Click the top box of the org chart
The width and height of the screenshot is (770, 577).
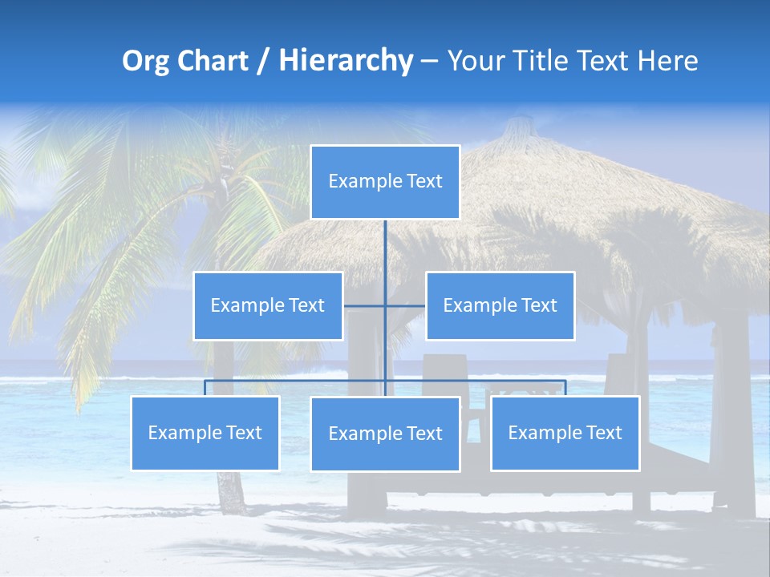[x=385, y=182]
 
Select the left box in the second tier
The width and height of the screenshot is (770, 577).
[x=268, y=306]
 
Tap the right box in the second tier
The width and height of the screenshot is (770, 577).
[x=500, y=306]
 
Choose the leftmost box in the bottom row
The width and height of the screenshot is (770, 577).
[x=205, y=434]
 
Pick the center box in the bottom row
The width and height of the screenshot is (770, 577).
[x=385, y=434]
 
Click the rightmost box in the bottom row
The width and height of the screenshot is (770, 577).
[x=565, y=434]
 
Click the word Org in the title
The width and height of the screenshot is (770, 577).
[x=145, y=61]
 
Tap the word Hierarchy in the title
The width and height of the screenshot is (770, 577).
[x=345, y=61]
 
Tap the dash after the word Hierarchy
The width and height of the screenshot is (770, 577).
[x=429, y=62]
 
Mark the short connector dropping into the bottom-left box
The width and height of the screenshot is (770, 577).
[x=205, y=388]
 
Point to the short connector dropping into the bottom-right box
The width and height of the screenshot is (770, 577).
[x=565, y=388]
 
